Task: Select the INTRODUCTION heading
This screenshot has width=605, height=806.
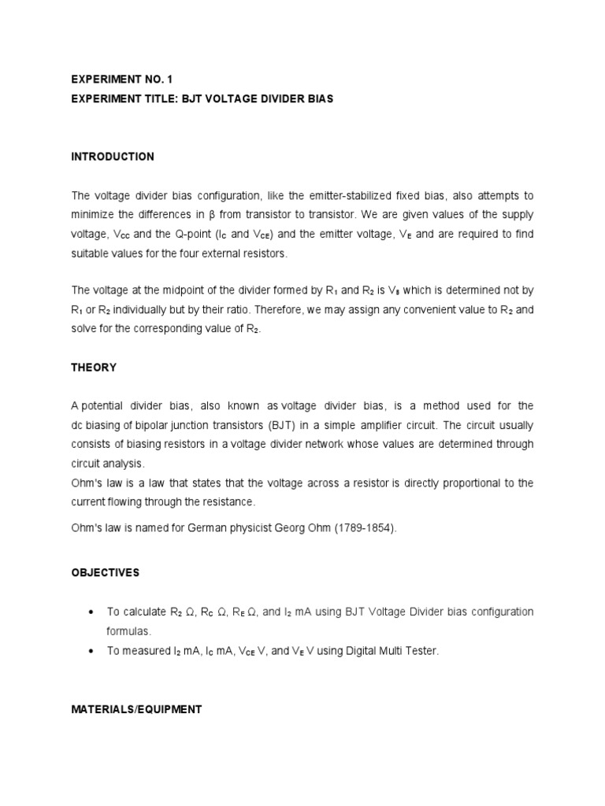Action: tap(113, 157)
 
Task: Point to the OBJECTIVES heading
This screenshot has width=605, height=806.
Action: tap(105, 573)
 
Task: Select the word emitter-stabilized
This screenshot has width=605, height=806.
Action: tap(309, 195)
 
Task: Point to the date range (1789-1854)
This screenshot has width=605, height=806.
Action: tap(369, 529)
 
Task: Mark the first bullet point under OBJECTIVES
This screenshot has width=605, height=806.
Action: tap(94, 612)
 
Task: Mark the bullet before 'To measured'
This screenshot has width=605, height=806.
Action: tap(94, 652)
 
